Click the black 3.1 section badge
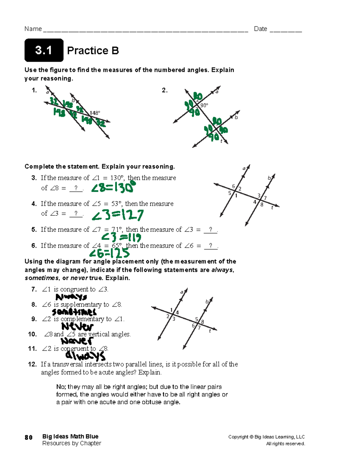[x=44, y=50]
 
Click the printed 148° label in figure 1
[x=95, y=113]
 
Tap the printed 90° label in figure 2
[x=204, y=105]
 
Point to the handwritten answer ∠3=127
[x=118, y=215]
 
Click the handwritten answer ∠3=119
[x=121, y=238]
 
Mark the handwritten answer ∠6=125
[x=109, y=254]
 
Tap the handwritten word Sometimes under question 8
[x=74, y=312]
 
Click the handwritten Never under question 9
[x=77, y=326]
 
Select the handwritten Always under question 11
[x=85, y=356]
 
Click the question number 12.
[x=32, y=364]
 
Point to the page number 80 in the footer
[x=28, y=437]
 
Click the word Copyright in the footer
[x=238, y=437]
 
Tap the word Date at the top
[x=260, y=29]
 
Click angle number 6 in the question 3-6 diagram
[x=233, y=186]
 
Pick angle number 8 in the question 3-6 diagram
[x=262, y=205]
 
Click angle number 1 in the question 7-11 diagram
[x=171, y=310]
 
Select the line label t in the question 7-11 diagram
[x=210, y=331]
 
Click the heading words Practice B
[x=93, y=50]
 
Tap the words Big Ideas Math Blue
[x=70, y=436]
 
